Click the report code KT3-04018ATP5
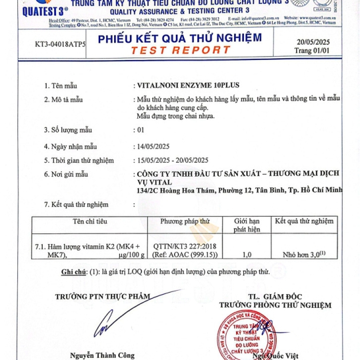pos(60,45)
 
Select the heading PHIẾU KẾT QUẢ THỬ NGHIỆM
pos(180,38)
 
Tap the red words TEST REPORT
pos(181,50)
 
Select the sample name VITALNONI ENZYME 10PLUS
pos(187,86)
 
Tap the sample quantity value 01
pos(140,130)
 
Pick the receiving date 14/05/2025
pos(155,145)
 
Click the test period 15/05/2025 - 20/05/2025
pos(173,160)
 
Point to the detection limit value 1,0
pos(247,254)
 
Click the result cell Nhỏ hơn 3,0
pos(303,254)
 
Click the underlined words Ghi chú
pos(74,272)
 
